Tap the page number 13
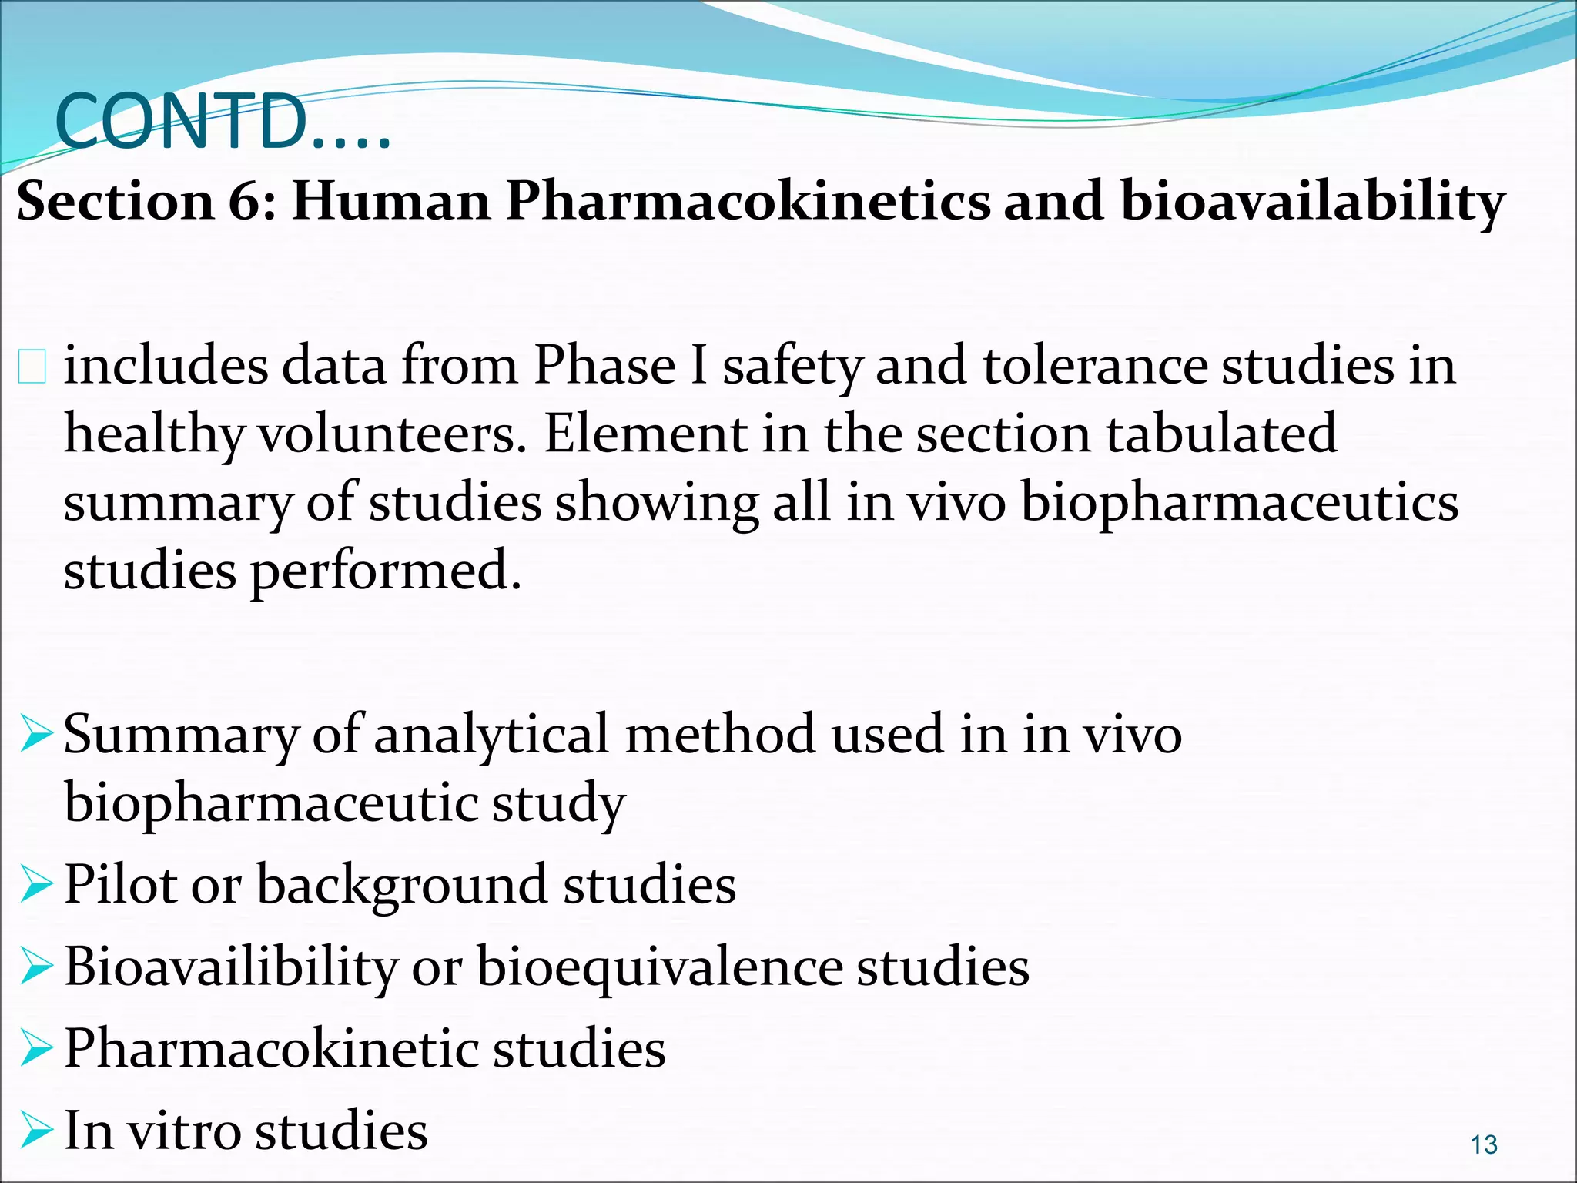1483,1145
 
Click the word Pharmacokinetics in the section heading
748,202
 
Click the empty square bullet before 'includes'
32,366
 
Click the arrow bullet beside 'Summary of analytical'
35,734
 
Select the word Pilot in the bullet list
120,884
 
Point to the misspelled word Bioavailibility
231,967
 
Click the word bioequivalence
660,967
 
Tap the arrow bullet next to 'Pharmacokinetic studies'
35,1050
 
